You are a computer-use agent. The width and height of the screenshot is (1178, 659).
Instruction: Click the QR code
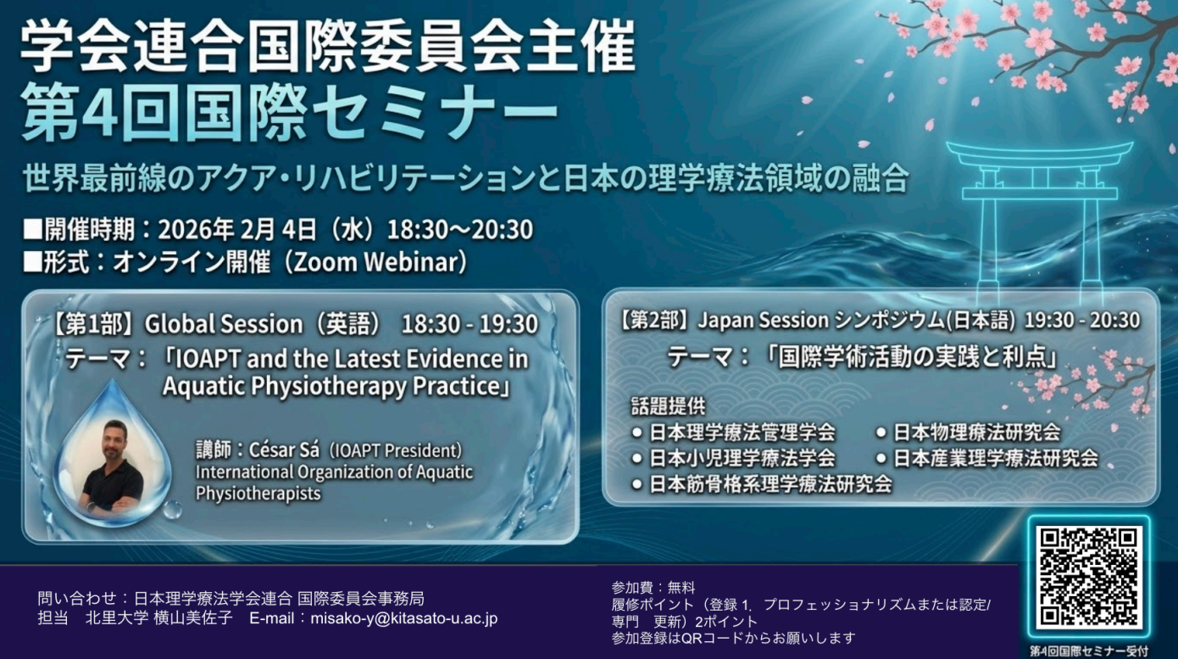[x=1089, y=578]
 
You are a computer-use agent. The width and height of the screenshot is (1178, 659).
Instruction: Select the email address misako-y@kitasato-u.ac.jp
[x=404, y=618]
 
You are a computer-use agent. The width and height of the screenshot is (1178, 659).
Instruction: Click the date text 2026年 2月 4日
[x=237, y=230]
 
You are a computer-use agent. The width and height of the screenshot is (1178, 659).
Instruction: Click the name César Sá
[x=284, y=450]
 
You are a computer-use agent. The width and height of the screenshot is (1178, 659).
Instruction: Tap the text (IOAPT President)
[x=395, y=450]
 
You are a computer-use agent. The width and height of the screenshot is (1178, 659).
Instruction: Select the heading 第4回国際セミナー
[x=289, y=112]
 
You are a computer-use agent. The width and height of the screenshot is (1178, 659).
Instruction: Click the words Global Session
[x=224, y=324]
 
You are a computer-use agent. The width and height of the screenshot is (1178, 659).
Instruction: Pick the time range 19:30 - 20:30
[x=1081, y=321]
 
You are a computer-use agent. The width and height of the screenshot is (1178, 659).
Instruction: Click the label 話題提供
[x=668, y=405]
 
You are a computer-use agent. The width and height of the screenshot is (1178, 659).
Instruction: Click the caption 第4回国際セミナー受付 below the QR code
[x=1089, y=651]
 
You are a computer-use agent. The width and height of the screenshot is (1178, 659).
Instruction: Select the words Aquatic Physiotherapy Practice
[x=331, y=386]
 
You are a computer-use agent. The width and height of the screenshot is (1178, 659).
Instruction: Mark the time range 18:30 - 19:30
[x=470, y=324]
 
